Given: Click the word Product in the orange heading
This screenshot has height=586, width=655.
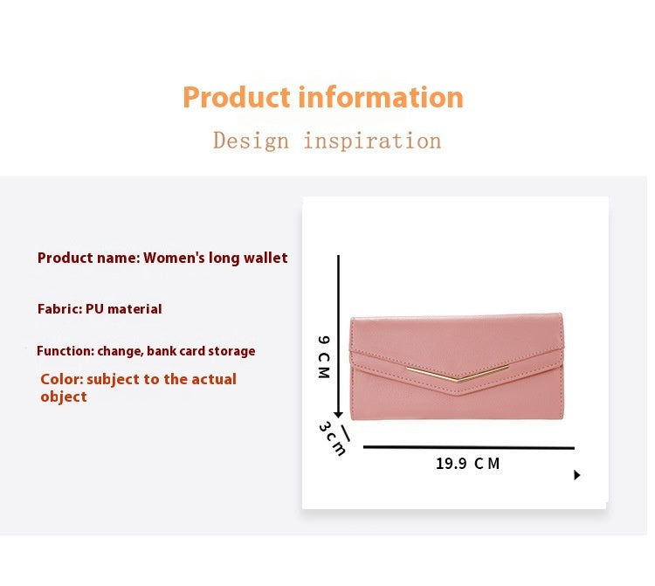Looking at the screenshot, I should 237,97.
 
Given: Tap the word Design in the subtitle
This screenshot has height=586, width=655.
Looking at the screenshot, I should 251,141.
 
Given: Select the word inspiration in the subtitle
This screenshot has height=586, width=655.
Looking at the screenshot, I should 372,141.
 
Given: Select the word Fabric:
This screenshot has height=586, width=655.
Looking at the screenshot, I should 59,308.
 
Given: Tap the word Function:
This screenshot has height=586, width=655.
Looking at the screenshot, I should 65,351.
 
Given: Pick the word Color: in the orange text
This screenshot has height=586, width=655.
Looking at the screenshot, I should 61,379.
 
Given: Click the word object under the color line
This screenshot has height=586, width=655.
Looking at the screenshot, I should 64,396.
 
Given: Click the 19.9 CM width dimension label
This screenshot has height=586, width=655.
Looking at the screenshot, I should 467,464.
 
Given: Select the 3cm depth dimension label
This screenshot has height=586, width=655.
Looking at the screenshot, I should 333,438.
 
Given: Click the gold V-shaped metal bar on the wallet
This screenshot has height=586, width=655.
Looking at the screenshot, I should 458,375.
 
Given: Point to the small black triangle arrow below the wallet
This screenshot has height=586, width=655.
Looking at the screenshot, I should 576,475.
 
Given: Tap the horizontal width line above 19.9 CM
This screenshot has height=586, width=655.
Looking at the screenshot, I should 468,447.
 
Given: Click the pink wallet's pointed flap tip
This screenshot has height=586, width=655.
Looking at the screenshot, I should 457,393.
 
